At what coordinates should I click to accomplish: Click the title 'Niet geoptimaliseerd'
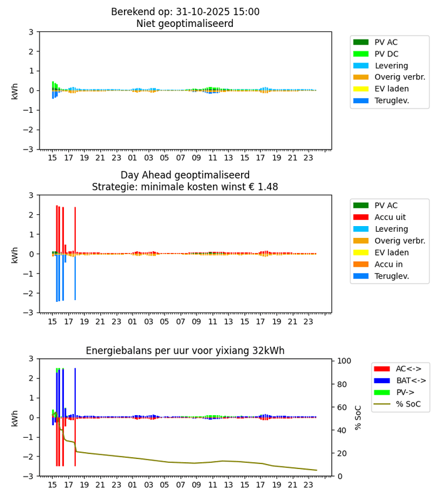pos(185,24)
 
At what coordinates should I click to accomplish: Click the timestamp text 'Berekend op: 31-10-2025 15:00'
pos(193,12)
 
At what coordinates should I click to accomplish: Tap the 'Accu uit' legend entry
pos(390,217)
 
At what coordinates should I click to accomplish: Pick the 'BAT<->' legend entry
pos(401,380)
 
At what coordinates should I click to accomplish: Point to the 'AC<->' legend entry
pos(398,369)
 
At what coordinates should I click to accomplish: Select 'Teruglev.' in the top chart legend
pos(392,100)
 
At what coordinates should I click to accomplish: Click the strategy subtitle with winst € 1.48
pos(185,187)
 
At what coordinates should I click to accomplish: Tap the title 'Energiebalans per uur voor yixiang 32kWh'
pos(193,351)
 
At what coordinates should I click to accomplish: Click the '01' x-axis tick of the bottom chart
pos(132,485)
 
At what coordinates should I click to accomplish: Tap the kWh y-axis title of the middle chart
pos(14,254)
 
